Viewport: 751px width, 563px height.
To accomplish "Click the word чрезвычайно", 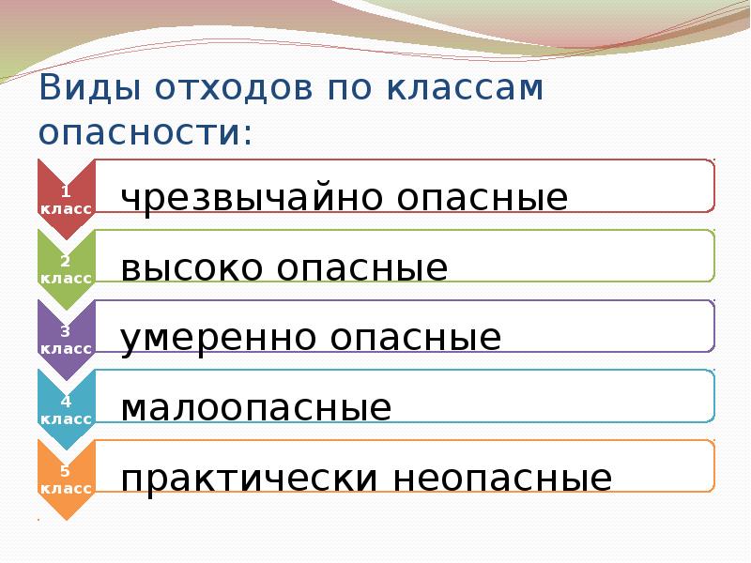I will [248, 198].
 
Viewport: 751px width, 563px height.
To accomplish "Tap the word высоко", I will [192, 268].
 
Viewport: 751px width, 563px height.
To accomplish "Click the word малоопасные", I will [255, 408].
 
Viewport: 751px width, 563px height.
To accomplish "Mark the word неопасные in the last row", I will [503, 479].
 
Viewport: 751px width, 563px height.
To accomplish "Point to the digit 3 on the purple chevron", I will [65, 330].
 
